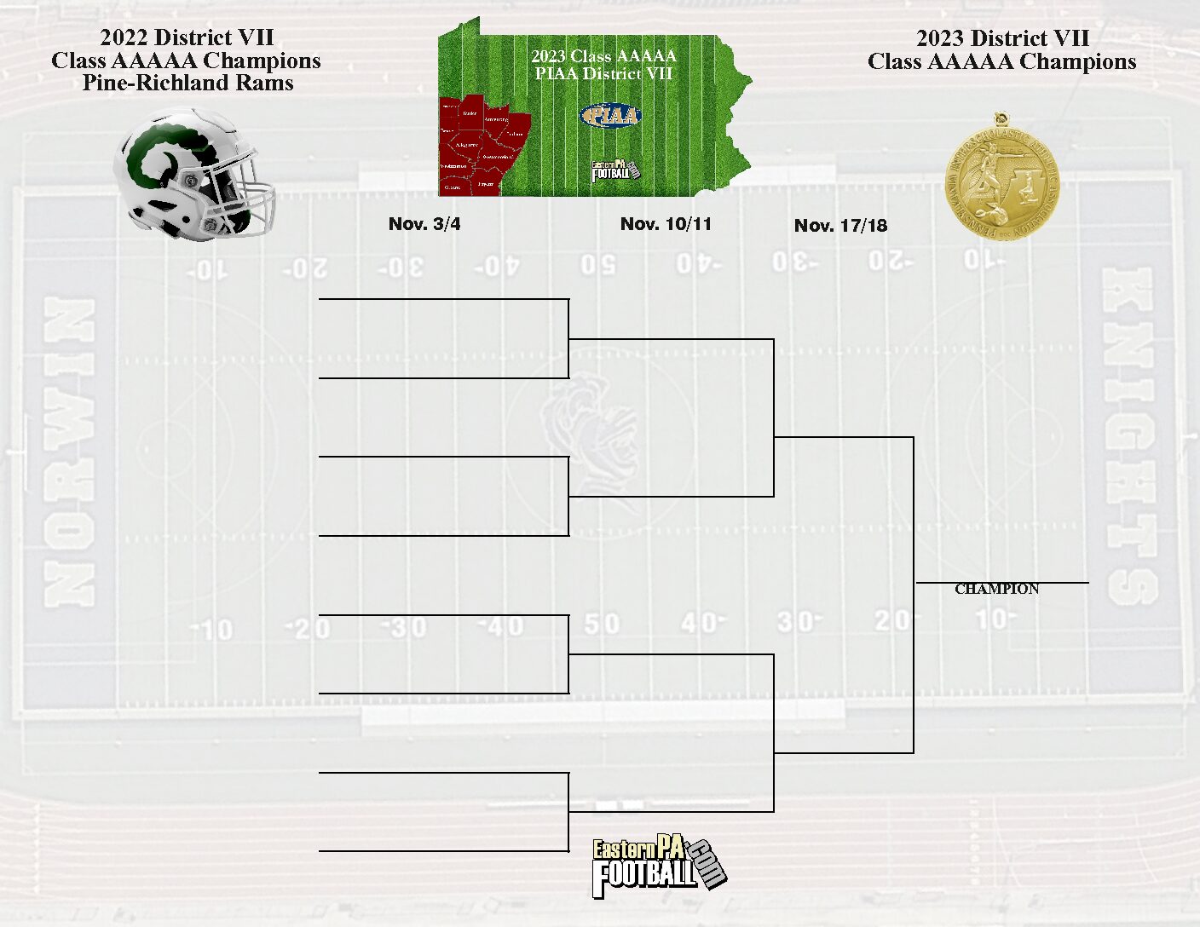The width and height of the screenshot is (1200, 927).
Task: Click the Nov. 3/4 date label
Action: pos(424,224)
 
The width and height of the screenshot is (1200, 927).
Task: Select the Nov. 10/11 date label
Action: pos(666,224)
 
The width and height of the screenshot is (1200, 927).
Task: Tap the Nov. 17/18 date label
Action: pos(840,226)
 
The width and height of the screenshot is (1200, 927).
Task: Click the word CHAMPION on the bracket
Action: pos(996,589)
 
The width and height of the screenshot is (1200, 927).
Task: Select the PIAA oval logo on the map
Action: pos(610,115)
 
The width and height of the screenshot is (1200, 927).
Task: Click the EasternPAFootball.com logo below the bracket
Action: pos(659,867)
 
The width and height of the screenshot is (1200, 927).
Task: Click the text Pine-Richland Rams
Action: pos(187,83)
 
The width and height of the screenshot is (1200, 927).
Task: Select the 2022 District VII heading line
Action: pos(187,37)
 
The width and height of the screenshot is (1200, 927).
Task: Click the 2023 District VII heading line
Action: pos(1002,38)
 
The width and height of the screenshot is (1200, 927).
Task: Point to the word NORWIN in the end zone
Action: pos(68,452)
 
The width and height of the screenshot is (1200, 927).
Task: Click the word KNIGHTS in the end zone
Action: pos(1129,435)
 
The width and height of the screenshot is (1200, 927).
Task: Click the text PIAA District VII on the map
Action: pos(603,74)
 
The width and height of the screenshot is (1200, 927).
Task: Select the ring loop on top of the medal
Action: pos(998,117)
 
